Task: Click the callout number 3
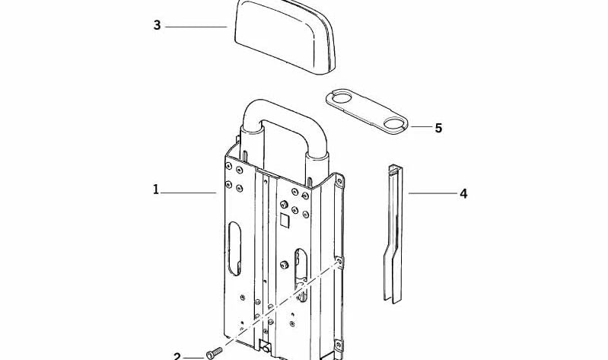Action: coord(157,25)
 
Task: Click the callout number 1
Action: coord(156,190)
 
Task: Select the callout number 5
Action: coord(438,128)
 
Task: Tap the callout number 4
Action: coord(463,193)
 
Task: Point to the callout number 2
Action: coord(177,355)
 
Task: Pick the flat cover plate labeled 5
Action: coord(367,113)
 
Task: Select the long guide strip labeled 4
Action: coord(394,228)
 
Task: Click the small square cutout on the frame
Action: coord(283,221)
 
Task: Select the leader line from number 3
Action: coord(196,27)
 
